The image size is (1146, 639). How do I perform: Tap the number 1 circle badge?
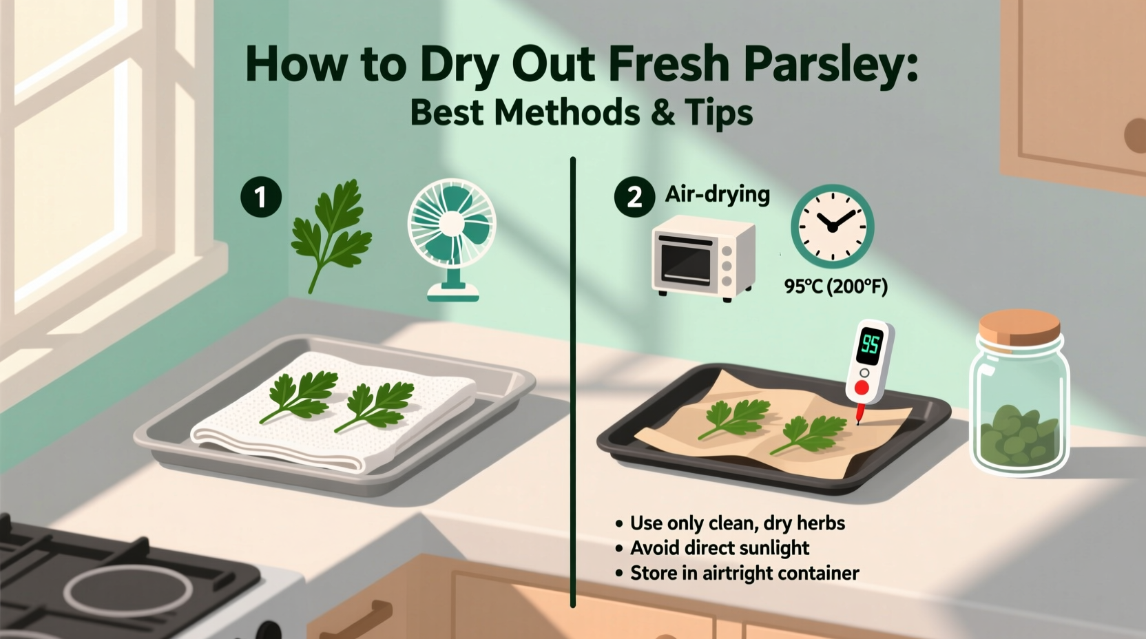(x=261, y=198)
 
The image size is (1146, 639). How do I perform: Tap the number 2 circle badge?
(x=634, y=198)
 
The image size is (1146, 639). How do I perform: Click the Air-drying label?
(x=717, y=194)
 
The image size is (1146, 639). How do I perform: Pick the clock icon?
(x=832, y=226)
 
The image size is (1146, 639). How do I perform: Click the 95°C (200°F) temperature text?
(x=835, y=286)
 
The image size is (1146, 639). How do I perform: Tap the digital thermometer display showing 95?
(x=870, y=344)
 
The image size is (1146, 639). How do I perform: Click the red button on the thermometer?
(x=862, y=388)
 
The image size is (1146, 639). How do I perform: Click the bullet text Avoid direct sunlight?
(x=720, y=548)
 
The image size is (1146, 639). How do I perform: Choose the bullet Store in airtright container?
(x=744, y=573)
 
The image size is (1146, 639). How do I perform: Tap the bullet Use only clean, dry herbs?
(x=737, y=523)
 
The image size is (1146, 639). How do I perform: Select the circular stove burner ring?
(x=127, y=593)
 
